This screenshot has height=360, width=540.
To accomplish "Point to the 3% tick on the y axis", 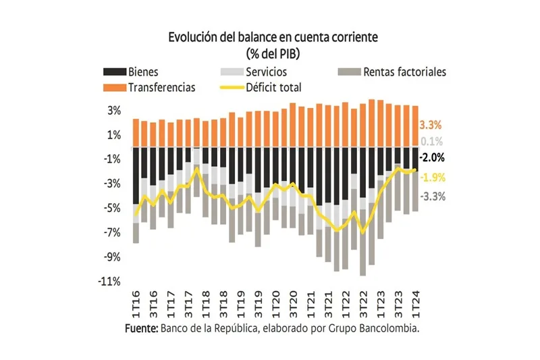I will tap(114, 110).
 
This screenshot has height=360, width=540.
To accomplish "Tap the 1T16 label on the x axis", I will tap(136, 301).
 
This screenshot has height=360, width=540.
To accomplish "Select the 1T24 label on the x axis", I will tap(416, 301).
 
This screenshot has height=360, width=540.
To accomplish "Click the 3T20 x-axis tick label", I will tap(293, 301).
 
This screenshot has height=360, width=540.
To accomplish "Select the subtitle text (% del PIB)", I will tap(269, 53).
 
